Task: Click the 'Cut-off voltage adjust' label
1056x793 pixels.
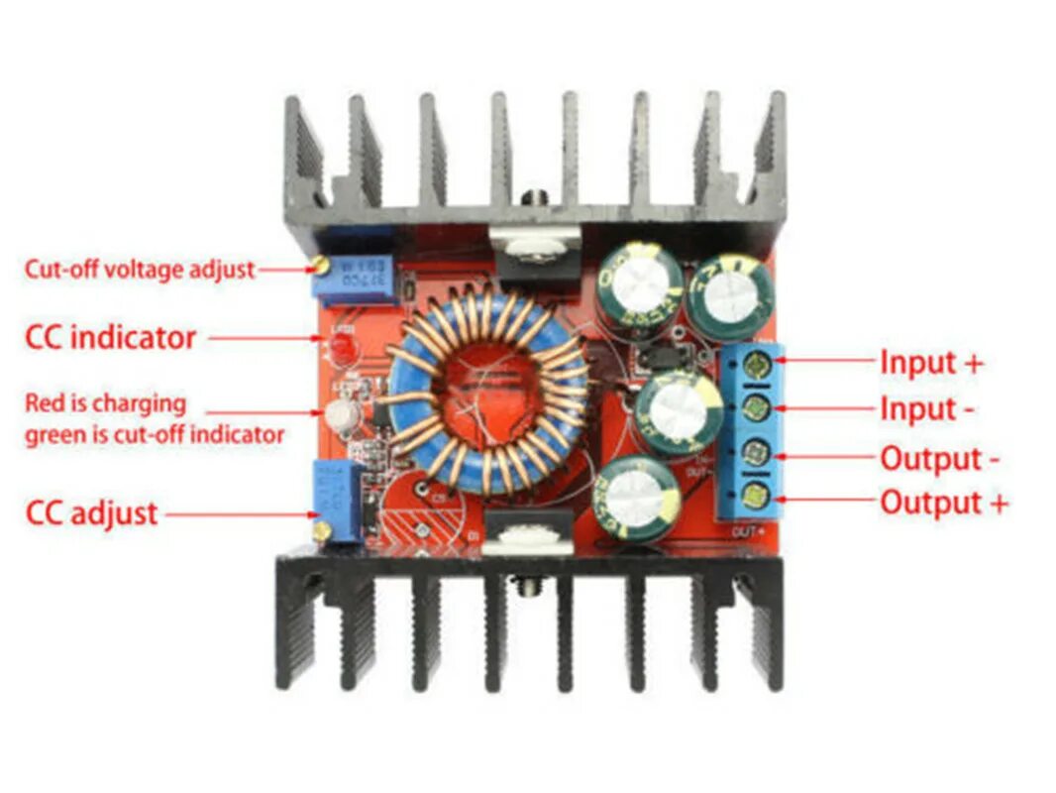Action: pos(139,269)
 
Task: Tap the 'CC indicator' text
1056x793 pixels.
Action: pos(110,337)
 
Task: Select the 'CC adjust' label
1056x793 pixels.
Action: pos(91,512)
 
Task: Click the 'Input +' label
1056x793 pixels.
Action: pos(931,362)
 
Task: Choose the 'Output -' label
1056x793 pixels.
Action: pos(939,459)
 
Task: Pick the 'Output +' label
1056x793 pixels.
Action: pos(943,503)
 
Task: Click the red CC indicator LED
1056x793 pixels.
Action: pos(341,346)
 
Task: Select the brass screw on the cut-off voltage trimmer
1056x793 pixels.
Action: pos(319,265)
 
